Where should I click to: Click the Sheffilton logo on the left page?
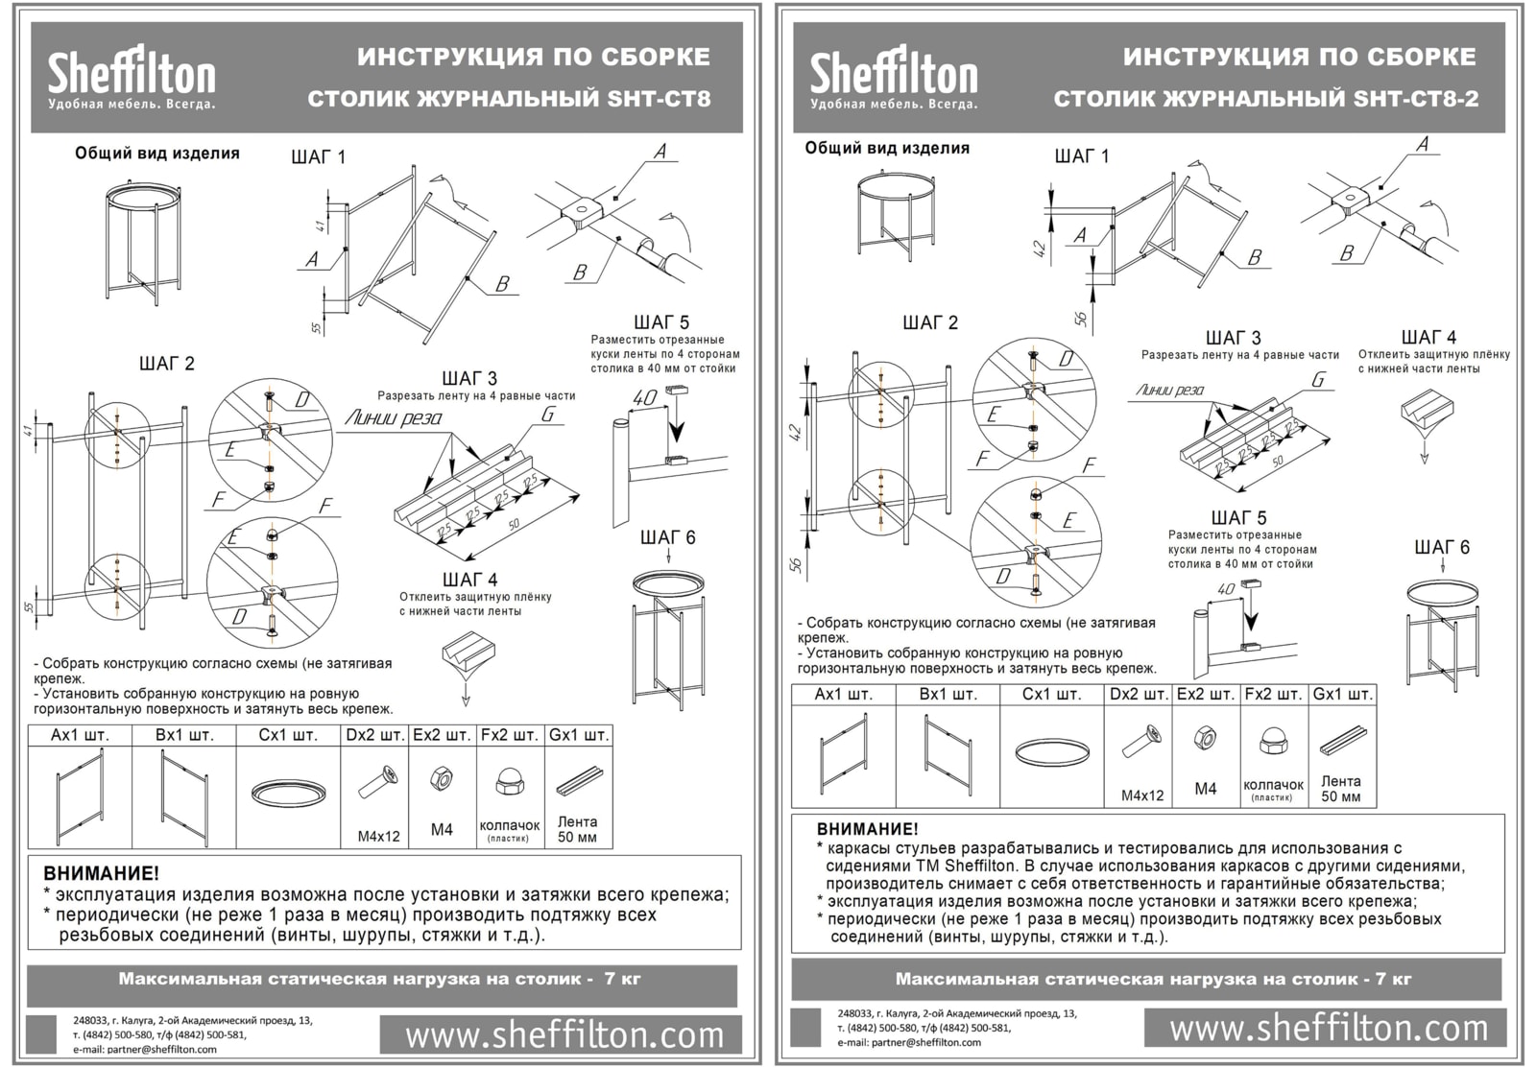(132, 77)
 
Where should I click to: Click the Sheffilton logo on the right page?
(893, 77)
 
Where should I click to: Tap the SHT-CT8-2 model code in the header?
(1416, 99)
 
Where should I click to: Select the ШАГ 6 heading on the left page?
(667, 537)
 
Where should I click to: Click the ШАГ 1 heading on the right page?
(1081, 156)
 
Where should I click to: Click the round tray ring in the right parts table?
(1052, 751)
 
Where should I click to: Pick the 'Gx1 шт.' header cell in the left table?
(578, 735)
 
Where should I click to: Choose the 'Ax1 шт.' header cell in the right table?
(843, 694)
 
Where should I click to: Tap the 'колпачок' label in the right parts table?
(1273, 784)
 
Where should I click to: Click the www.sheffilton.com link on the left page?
(564, 1034)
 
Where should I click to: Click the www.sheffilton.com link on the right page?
(1329, 1028)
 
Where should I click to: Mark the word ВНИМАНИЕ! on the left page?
(101, 873)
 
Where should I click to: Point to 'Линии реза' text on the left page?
(394, 417)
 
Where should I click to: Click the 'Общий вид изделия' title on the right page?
(887, 148)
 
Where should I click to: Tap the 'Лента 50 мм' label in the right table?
(1341, 789)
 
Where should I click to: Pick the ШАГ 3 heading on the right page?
(1233, 338)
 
